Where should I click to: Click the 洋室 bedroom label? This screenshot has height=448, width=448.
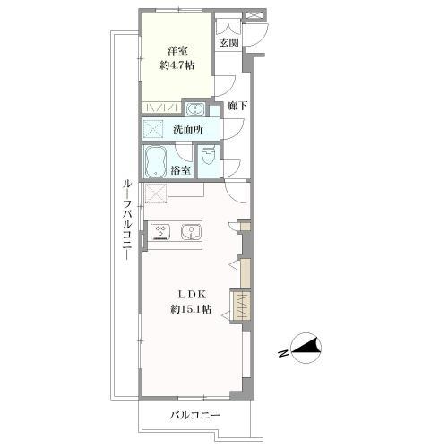pos(177,51)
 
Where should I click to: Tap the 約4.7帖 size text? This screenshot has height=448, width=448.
pos(177,65)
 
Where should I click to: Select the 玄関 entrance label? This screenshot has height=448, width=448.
pos(228,43)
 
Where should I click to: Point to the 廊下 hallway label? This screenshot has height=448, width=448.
pos(237,106)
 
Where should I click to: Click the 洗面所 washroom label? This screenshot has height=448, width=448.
pos(188,129)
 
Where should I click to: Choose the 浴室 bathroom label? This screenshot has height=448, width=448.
pos(180,170)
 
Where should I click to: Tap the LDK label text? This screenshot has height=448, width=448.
pos(192,295)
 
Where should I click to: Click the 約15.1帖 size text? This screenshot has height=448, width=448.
pos(191,309)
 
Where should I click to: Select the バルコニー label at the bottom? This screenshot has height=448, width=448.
pos(195,416)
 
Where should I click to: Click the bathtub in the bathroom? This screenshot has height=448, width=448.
pos(155,161)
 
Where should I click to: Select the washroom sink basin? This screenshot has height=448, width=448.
pos(195,109)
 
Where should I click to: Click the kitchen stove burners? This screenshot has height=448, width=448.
pos(161,231)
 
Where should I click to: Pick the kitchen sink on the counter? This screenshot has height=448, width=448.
pos(191,231)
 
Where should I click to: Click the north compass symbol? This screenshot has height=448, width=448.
pos(306,348)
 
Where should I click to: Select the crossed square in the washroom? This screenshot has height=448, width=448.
pos(153,129)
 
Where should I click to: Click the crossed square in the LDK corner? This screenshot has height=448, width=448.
pos(155,194)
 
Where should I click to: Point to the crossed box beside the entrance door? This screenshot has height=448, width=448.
pos(254,15)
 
